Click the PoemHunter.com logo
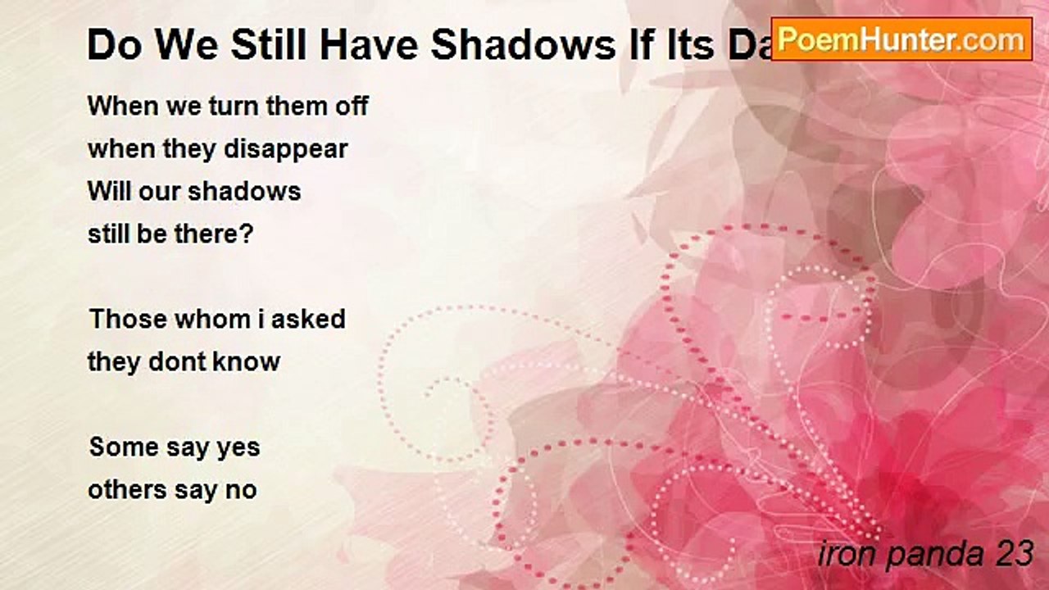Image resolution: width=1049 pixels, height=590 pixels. (901, 39)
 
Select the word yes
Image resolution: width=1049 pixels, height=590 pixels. (237, 448)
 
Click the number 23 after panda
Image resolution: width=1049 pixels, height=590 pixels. (1013, 554)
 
